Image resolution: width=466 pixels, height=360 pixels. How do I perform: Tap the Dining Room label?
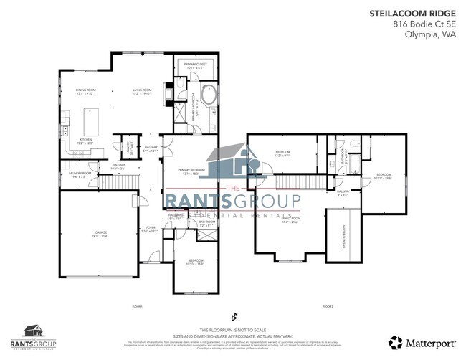tap(86, 91)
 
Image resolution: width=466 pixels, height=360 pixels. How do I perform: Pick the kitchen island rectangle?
tap(90, 116)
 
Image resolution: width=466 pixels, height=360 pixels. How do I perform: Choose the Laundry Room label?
tap(80, 174)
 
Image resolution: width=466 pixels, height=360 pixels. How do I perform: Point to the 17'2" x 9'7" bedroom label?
tap(282, 153)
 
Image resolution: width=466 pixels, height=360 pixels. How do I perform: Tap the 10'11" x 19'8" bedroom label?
tap(384, 176)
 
